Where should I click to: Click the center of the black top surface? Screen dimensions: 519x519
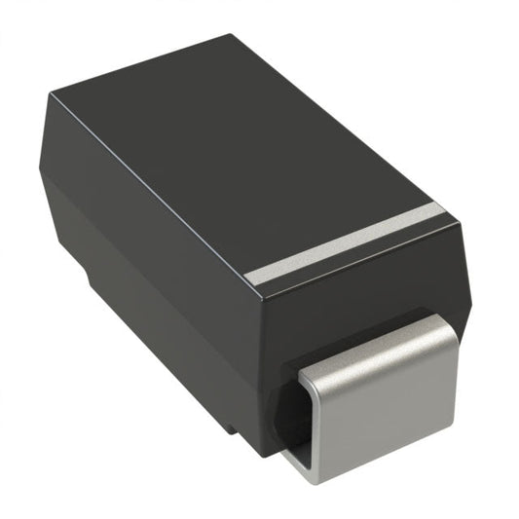click(x=243, y=156)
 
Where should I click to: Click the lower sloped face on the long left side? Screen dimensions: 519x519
click(x=146, y=312)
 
